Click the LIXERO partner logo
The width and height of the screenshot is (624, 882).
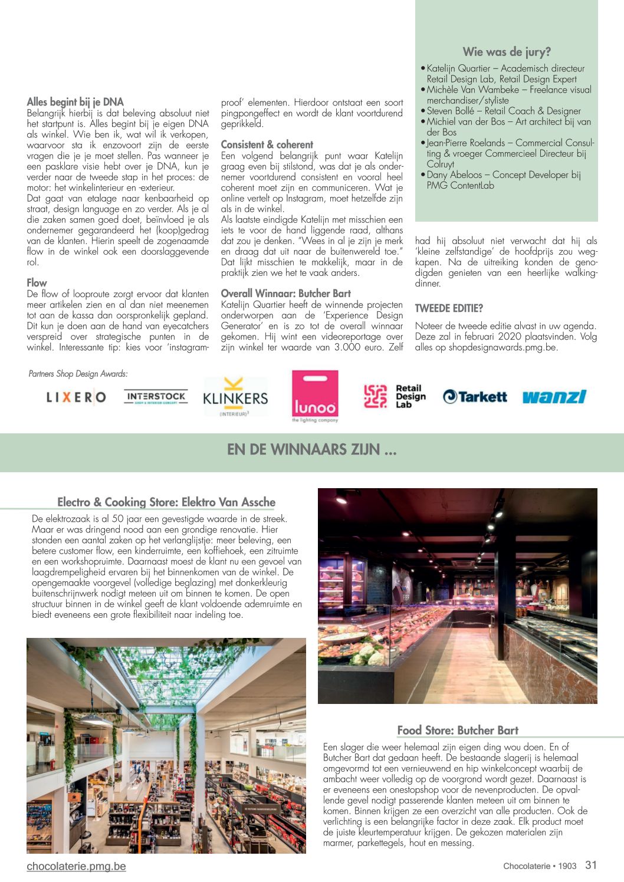(76, 397)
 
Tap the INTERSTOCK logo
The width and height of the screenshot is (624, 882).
(156, 396)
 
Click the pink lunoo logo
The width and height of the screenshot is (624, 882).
(315, 396)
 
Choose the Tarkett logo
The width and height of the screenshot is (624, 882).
(475, 397)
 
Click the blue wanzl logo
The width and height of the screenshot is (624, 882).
(554, 396)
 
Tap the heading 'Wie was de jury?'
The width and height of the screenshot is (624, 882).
(507, 52)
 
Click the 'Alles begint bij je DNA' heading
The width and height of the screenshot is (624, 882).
(75, 102)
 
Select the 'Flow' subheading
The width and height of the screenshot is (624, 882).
(37, 283)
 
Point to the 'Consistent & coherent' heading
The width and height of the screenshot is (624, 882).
(267, 144)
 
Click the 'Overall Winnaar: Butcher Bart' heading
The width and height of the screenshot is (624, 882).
(285, 294)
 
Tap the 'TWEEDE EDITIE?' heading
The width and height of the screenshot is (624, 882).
(449, 308)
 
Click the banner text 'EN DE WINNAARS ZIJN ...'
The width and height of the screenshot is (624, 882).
(311, 450)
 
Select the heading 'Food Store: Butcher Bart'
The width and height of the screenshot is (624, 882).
(458, 730)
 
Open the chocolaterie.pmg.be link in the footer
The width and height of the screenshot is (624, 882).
(76, 866)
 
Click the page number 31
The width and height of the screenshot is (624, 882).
(591, 865)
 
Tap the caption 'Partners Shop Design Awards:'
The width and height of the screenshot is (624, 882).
(78, 374)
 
